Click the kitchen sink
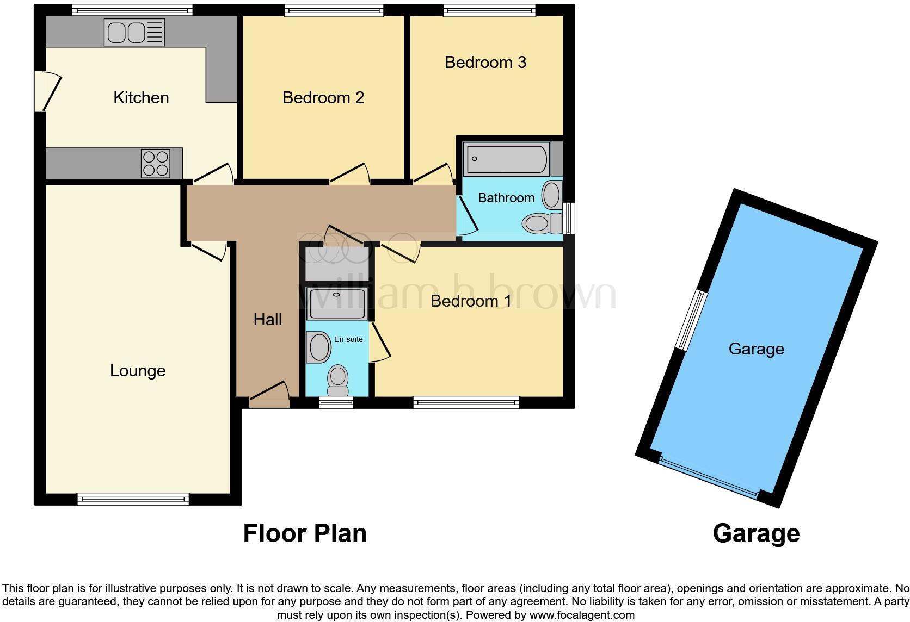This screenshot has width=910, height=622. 134,33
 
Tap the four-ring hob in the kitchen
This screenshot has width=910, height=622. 155,163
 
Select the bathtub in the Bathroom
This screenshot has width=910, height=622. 506,159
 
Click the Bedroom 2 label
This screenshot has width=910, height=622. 323,98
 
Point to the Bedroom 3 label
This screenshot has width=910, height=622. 485,63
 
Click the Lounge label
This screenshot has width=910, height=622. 138,371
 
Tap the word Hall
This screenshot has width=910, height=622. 267,320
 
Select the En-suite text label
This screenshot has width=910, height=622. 348,339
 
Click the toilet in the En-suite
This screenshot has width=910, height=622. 338,380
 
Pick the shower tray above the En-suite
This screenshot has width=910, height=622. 337,303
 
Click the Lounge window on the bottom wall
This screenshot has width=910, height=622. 133,499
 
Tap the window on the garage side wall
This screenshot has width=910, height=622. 691,320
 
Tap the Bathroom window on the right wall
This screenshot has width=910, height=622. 569,218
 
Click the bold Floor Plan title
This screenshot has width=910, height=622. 304,533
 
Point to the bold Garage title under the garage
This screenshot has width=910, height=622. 755,533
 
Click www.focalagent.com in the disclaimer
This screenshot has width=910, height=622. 582,615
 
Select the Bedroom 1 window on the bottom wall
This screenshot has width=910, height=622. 466,402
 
